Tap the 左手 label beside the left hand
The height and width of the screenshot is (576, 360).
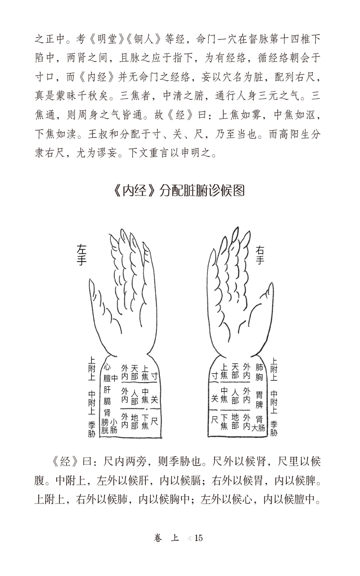pos(82,254)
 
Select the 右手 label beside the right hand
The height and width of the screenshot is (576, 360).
pos(261,254)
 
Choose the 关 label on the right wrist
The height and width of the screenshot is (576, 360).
pos(214,398)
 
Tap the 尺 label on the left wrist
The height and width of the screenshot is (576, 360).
pos(154,421)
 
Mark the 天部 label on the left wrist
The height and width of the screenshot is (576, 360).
pos(135,372)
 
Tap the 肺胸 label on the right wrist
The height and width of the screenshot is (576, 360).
pos(259,372)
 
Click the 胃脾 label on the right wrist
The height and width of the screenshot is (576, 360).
pos(259,399)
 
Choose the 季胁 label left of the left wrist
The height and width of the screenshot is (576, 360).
pos(92,429)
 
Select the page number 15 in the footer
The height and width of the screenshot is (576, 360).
pos(199,538)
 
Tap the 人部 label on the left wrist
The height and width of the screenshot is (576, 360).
pos(135,398)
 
